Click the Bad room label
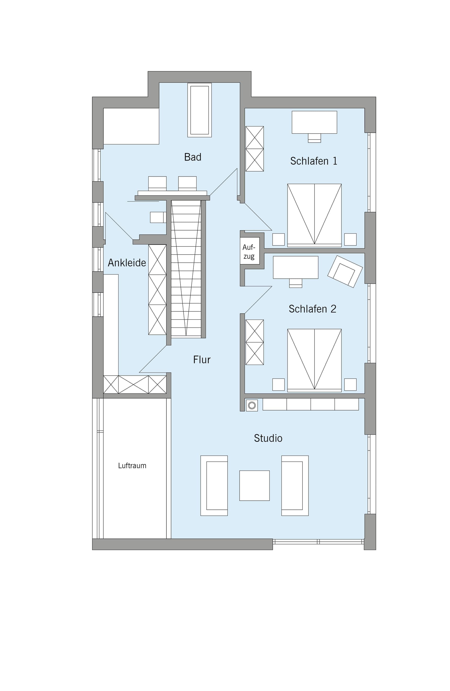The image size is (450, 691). tap(193, 157)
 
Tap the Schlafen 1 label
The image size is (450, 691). tap(314, 161)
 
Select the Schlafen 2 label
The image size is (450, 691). tap(312, 309)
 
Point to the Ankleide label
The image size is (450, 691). tap(127, 263)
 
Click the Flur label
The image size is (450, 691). tap(202, 360)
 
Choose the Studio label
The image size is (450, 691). tap(268, 438)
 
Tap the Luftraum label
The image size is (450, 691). tap(132, 466)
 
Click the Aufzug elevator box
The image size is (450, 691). tap(250, 251)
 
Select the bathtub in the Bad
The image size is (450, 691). tap(199, 110)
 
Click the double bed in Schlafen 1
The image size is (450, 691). tap(314, 215)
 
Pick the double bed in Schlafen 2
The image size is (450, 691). tap(314, 360)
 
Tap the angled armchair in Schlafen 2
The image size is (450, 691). tap(345, 271)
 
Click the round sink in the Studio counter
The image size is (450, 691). tap(252, 405)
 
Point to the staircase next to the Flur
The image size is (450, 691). tap(186, 269)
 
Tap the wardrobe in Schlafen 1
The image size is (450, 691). tap(255, 149)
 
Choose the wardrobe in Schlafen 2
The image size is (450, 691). tap(255, 342)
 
